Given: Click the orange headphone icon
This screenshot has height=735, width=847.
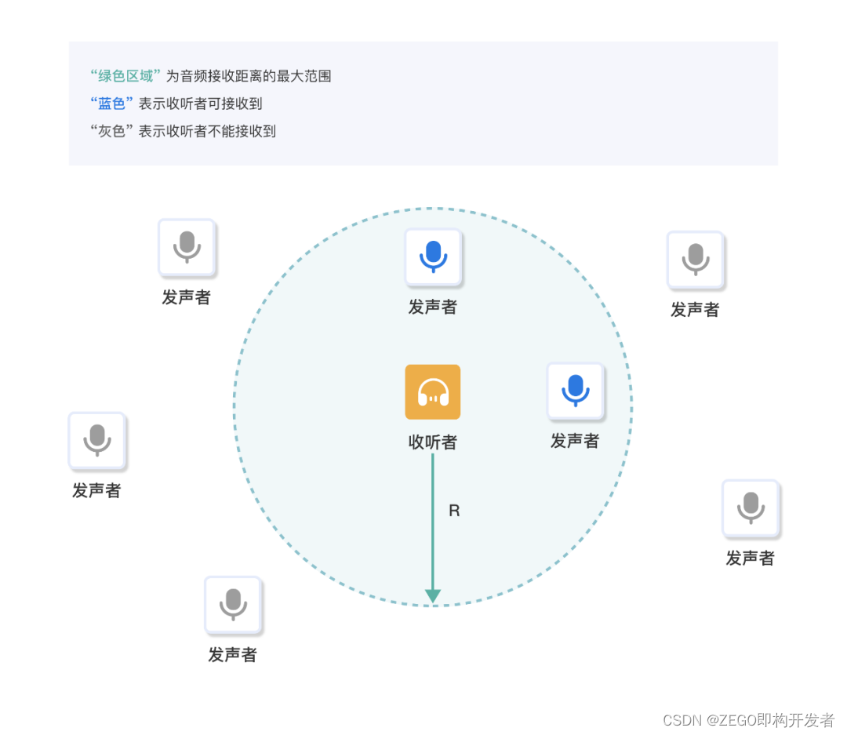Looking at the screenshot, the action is pyautogui.click(x=432, y=391).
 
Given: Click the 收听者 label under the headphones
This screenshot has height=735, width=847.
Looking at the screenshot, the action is pyautogui.click(x=432, y=442).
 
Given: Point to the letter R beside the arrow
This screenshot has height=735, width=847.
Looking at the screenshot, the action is pyautogui.click(x=454, y=511).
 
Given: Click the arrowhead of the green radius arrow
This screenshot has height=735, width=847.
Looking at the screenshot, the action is pyautogui.click(x=432, y=596).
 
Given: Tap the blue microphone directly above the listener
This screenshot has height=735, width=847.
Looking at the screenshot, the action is pyautogui.click(x=433, y=257).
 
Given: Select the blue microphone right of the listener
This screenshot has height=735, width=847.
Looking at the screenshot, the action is pyautogui.click(x=575, y=390).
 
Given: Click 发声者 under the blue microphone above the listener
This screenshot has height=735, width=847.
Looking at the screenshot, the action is pyautogui.click(x=432, y=307).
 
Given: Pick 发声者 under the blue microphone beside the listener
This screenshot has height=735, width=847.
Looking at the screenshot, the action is pyautogui.click(x=574, y=441).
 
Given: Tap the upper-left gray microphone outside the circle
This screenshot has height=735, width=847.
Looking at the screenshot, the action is pyautogui.click(x=187, y=247).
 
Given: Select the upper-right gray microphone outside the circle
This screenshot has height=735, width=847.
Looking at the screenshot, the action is pyautogui.click(x=695, y=259).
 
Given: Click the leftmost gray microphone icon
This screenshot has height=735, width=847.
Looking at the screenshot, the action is pyautogui.click(x=96, y=440).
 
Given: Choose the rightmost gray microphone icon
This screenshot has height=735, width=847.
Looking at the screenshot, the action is pyautogui.click(x=750, y=508).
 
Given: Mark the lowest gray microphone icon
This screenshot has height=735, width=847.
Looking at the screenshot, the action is pyautogui.click(x=232, y=604).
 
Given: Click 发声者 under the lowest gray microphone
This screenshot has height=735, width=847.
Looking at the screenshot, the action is pyautogui.click(x=232, y=655).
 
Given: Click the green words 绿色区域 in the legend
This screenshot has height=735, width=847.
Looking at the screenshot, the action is pyautogui.click(x=125, y=76).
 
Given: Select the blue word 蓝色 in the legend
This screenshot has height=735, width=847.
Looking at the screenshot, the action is pyautogui.click(x=112, y=104).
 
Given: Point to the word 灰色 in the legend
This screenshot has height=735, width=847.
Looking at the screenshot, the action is pyautogui.click(x=112, y=131).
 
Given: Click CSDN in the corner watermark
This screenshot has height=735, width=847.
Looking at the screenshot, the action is pyautogui.click(x=682, y=720).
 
